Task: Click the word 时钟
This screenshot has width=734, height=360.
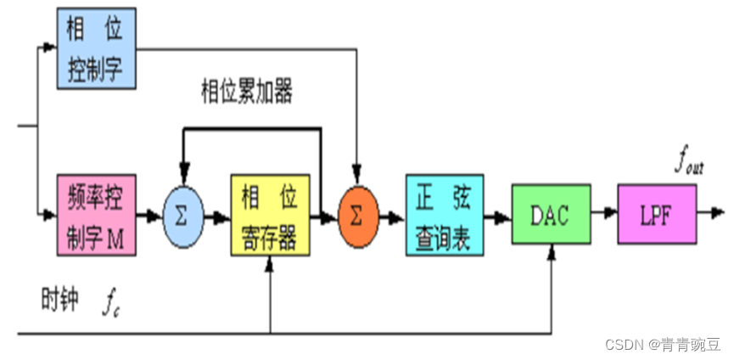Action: point(59,301)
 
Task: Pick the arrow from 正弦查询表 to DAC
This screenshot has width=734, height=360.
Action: point(499,217)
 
